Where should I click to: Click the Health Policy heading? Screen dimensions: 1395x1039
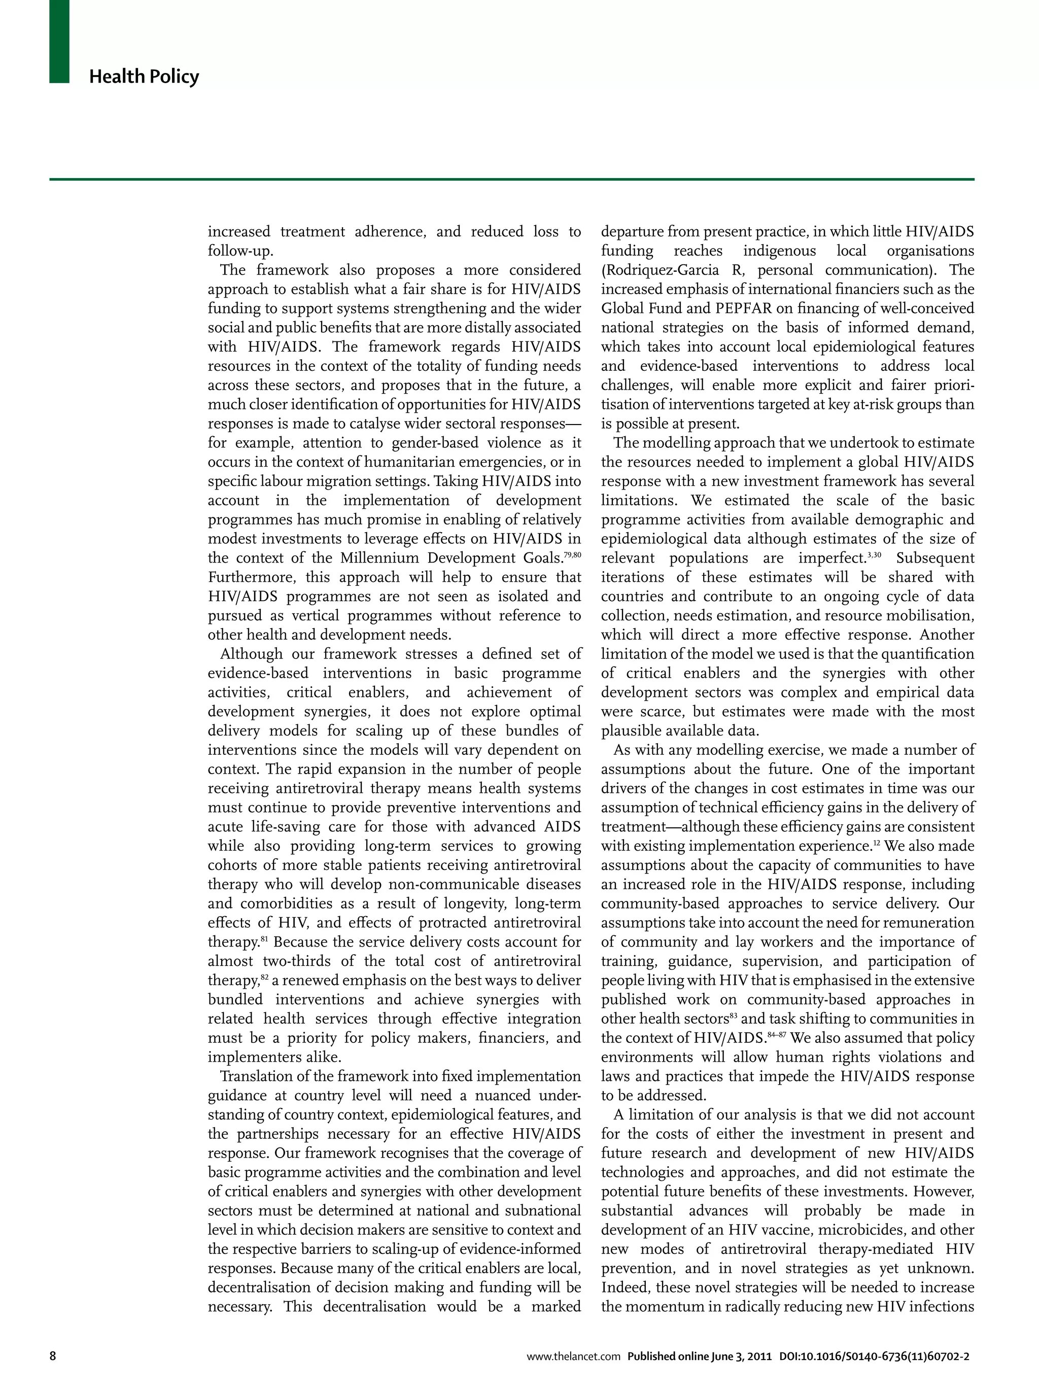pos(144,77)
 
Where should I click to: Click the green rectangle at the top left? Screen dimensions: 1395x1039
pos(59,42)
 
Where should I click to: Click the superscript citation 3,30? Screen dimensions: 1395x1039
pos(874,555)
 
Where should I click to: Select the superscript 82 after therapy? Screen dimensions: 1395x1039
pos(265,977)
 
